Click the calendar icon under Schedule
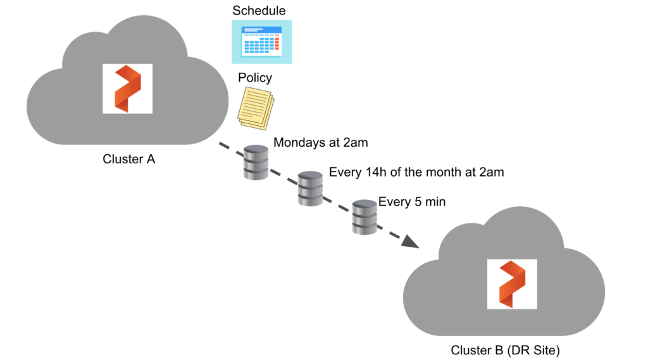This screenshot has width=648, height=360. click(x=261, y=41)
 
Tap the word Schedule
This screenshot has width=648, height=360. click(x=259, y=10)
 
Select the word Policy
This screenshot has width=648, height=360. click(x=255, y=78)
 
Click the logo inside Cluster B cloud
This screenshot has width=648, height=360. click(x=512, y=284)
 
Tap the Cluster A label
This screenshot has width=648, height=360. click(x=129, y=159)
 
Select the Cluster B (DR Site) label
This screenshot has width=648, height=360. click(x=505, y=350)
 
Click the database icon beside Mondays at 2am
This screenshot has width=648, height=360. click(x=256, y=162)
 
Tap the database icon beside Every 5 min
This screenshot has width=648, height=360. click(x=364, y=217)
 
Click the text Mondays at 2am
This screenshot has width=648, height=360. click(x=320, y=143)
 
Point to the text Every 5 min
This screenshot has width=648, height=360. click(x=412, y=202)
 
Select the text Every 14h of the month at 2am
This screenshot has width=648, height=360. click(x=416, y=172)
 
